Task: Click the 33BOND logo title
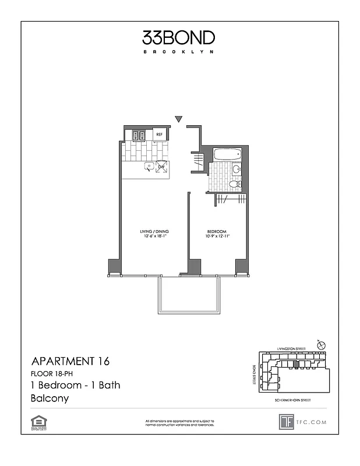coord(179,38)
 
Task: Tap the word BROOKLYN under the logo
coord(179,52)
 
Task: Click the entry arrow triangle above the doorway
coord(179,119)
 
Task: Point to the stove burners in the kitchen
coord(139,135)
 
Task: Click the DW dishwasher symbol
coord(162,167)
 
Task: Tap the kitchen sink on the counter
coord(150,167)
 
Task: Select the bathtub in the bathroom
coord(228,155)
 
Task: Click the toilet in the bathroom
coord(234,184)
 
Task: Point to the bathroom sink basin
coord(237,170)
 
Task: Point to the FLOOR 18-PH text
coord(53,374)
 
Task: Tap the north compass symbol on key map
coord(320,346)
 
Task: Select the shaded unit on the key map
coord(295,364)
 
